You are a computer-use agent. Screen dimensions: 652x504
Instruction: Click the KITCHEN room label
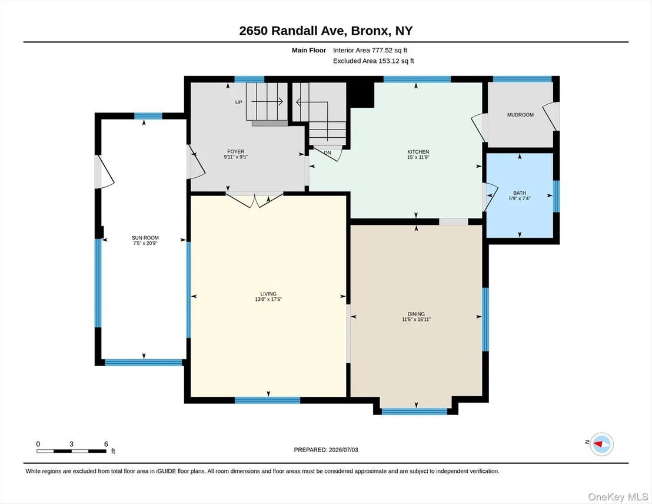click(418, 152)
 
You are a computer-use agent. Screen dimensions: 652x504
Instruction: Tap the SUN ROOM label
click(145, 238)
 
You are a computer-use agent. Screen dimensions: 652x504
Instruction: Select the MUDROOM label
click(520, 115)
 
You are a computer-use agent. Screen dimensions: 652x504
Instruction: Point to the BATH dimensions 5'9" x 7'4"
click(520, 198)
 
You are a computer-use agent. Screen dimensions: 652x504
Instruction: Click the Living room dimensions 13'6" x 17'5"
click(268, 299)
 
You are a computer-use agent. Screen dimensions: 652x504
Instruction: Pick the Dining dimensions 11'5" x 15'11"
click(416, 320)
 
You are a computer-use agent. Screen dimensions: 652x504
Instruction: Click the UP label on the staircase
click(239, 102)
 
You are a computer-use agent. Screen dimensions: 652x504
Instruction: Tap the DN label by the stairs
click(328, 152)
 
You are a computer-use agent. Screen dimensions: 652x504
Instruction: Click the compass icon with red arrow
click(601, 444)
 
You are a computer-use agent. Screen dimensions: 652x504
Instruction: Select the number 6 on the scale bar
click(106, 444)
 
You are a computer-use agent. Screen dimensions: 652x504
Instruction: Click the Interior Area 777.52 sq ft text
click(370, 51)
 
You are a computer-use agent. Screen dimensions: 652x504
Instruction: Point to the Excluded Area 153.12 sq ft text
click(374, 61)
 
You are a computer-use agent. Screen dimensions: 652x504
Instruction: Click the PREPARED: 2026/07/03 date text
click(326, 450)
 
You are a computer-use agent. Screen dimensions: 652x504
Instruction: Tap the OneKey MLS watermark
click(618, 497)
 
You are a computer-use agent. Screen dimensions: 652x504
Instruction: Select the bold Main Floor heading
click(309, 51)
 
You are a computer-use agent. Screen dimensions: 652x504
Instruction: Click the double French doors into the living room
click(254, 200)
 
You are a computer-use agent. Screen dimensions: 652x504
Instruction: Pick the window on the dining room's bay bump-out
click(415, 412)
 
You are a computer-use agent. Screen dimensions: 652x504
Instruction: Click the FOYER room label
click(236, 151)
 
